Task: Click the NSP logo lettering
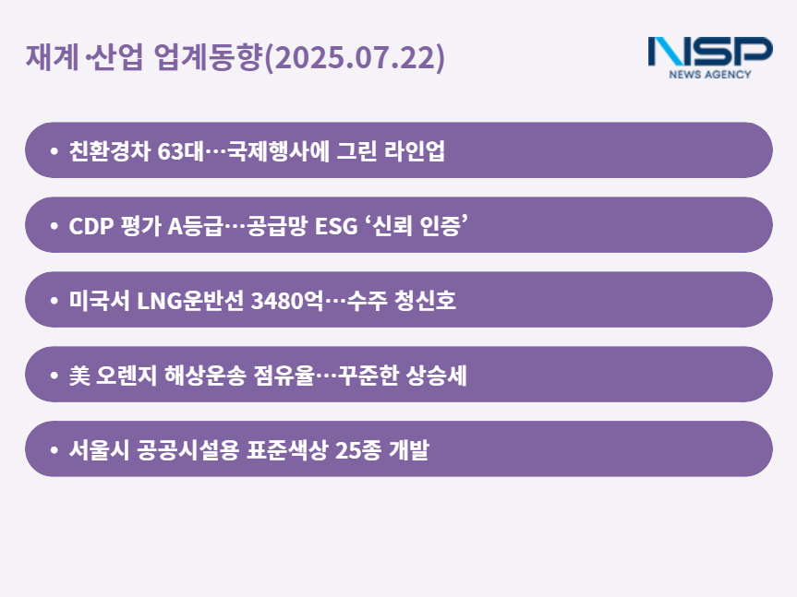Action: click(710, 51)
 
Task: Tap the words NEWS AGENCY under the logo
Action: click(710, 75)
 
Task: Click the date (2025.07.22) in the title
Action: click(355, 57)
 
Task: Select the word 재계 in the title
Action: click(52, 56)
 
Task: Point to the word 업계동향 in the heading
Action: click(208, 56)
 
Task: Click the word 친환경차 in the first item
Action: click(110, 150)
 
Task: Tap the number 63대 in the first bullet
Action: click(180, 150)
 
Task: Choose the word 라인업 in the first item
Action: click(415, 150)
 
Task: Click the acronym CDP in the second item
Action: click(91, 226)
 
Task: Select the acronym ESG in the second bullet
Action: click(336, 226)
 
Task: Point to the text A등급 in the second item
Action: click(195, 225)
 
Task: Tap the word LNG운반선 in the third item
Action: click(190, 300)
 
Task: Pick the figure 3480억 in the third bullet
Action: click(287, 300)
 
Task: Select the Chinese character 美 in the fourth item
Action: click(79, 376)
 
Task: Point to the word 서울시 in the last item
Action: click(99, 449)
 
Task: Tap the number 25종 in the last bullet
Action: click(357, 449)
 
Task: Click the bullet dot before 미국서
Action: click(54, 301)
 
